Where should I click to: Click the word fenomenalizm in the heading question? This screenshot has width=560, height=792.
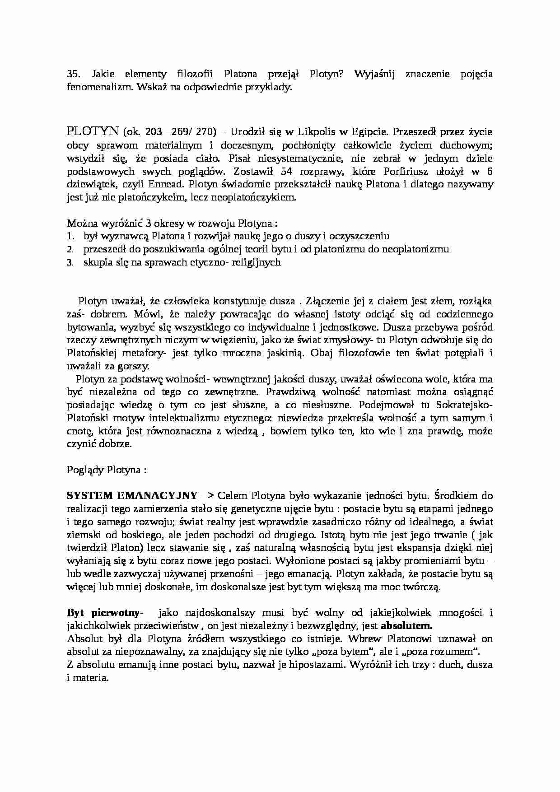94,87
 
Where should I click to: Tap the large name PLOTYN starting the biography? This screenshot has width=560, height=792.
93,132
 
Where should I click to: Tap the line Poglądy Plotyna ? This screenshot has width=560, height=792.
107,470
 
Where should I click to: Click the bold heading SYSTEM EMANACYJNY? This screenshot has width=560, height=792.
131,496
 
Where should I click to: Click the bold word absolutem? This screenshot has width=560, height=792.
406,626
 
